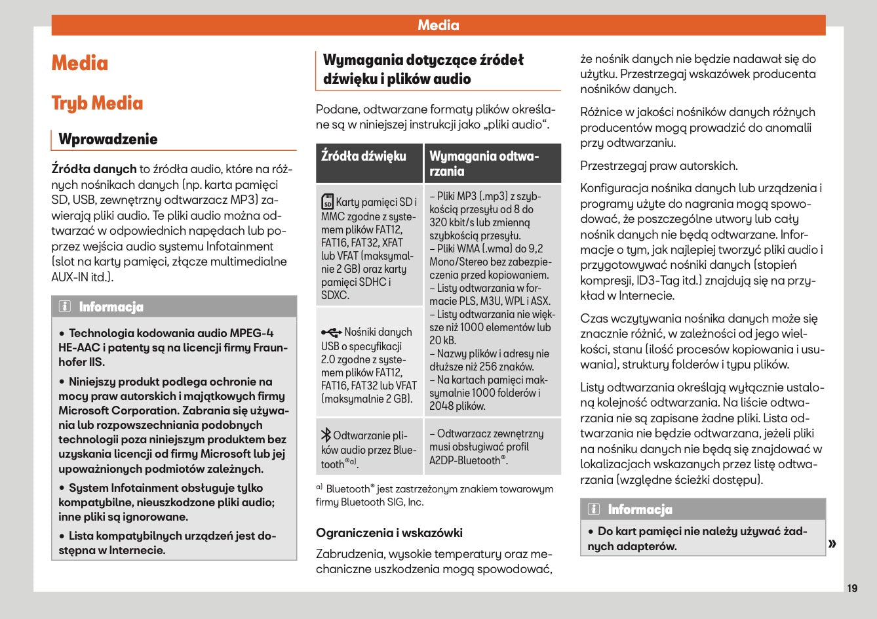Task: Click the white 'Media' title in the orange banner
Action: [438, 26]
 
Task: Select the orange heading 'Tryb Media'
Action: [97, 104]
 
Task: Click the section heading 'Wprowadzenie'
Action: [108, 139]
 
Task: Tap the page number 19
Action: [851, 588]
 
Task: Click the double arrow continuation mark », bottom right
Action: [832, 543]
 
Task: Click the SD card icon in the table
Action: [328, 202]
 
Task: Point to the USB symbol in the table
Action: [331, 332]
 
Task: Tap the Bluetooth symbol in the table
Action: [326, 435]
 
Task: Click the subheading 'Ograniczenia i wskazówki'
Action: [389, 532]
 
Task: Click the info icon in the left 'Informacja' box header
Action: [65, 307]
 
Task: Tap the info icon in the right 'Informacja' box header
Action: [594, 509]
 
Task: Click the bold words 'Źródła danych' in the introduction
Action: [94, 169]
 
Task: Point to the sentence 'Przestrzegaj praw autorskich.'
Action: [659, 166]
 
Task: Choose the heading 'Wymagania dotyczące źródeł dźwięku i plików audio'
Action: [423, 69]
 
